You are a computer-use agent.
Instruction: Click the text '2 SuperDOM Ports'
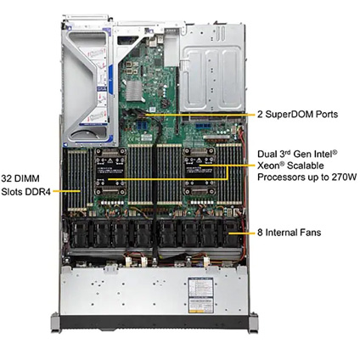(297, 115)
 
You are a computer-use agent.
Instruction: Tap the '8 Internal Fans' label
(290, 233)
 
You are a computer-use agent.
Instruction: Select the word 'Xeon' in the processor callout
(268, 166)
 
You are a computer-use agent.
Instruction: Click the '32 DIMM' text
(20, 178)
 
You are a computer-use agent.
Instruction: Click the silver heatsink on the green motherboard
(133, 91)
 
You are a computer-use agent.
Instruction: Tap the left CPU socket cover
(110, 172)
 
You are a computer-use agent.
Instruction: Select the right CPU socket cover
(200, 172)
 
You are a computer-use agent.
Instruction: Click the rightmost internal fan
(232, 233)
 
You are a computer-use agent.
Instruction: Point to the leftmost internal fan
(79, 233)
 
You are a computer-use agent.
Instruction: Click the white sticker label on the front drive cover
(200, 295)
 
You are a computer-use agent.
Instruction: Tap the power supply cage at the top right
(212, 68)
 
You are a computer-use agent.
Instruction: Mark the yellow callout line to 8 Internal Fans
(242, 233)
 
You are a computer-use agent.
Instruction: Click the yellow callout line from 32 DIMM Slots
(67, 191)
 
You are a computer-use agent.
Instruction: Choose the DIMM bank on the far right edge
(229, 174)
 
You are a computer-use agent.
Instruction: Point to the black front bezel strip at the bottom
(155, 322)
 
